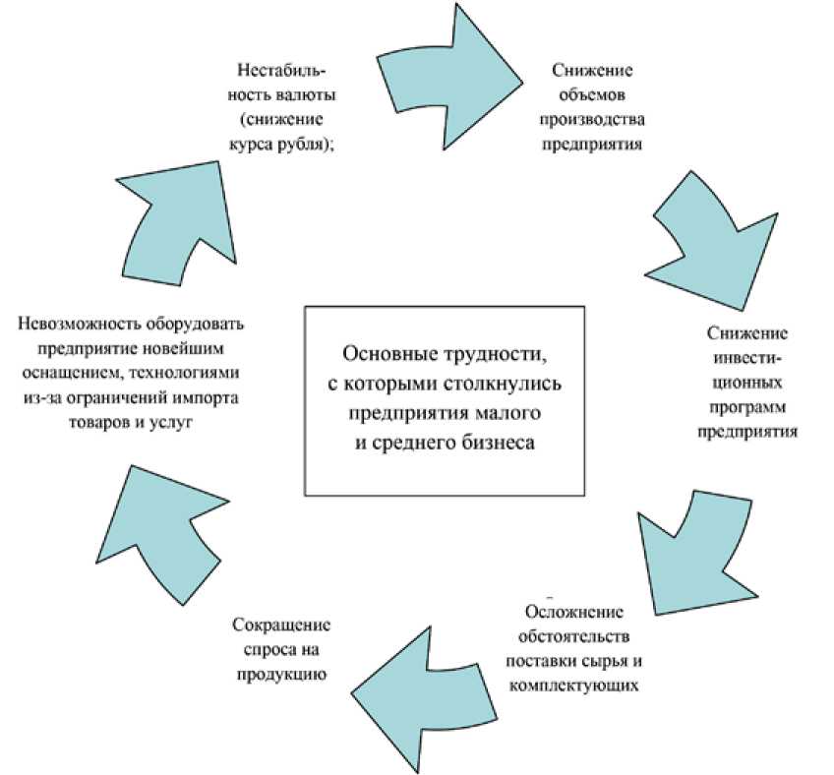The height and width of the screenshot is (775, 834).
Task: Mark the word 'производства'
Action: point(597,121)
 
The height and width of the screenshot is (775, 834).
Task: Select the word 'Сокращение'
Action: point(280,625)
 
